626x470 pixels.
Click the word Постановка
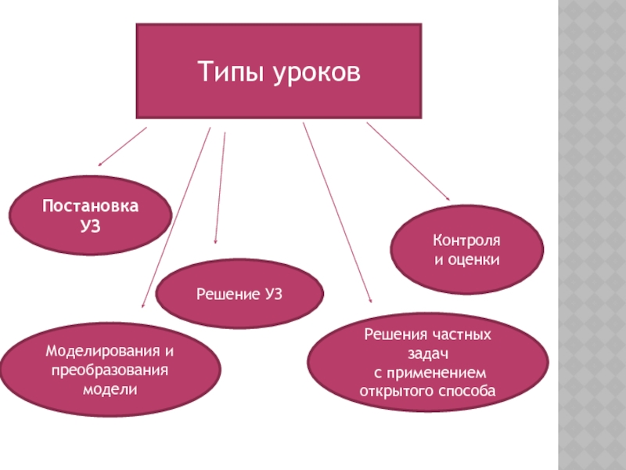[90, 207]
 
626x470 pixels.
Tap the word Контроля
[467, 240]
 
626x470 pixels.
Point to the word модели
[109, 387]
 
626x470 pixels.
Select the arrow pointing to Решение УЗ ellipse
[220, 188]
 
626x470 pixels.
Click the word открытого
[395, 389]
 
